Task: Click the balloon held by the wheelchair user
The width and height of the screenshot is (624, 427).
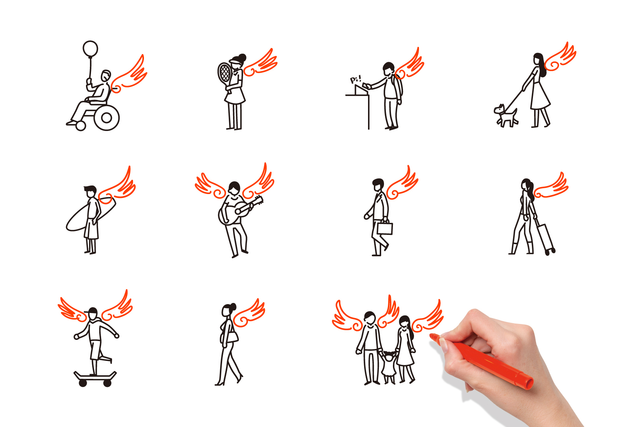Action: [90, 49]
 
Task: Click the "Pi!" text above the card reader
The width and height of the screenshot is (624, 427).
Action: [356, 79]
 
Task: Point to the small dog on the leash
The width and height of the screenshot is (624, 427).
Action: [506, 115]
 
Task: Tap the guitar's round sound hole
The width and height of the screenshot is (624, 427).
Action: [238, 212]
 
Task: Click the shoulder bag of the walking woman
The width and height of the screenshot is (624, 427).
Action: [233, 336]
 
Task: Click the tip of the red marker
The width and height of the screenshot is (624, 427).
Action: [431, 335]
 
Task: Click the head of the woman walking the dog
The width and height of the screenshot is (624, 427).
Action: [537, 59]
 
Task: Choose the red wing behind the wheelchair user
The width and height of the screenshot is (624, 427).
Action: [129, 75]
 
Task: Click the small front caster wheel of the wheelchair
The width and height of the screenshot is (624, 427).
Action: [81, 126]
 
